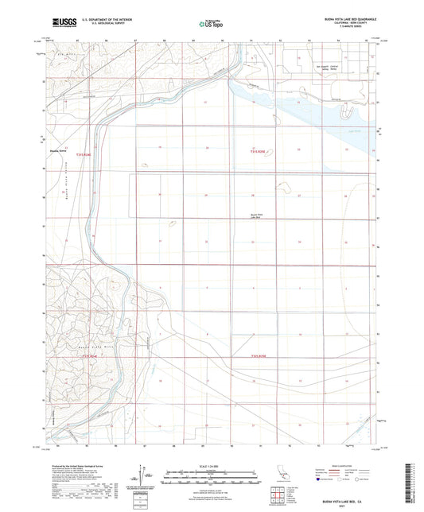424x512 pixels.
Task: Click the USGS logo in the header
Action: click(x=63, y=23)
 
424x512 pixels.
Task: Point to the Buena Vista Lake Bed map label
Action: click(x=255, y=215)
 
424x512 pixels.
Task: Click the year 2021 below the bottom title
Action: click(x=346, y=508)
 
